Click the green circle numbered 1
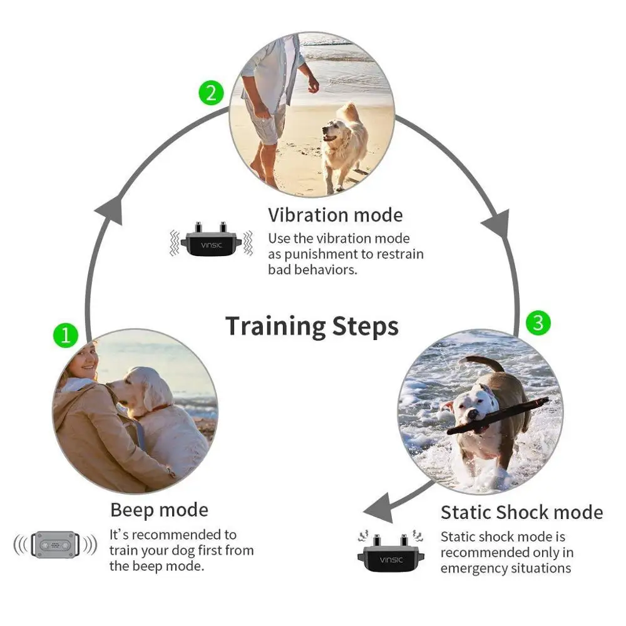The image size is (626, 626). (x=65, y=336)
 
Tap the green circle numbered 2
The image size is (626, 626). (x=211, y=93)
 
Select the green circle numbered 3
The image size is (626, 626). (x=538, y=322)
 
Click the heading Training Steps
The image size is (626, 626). (x=312, y=326)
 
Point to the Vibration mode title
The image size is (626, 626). (x=336, y=215)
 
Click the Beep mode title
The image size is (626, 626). (x=159, y=510)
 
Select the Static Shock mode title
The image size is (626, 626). (x=521, y=512)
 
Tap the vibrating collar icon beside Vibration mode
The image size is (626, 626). (x=211, y=240)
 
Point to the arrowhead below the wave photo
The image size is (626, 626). (x=378, y=508)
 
